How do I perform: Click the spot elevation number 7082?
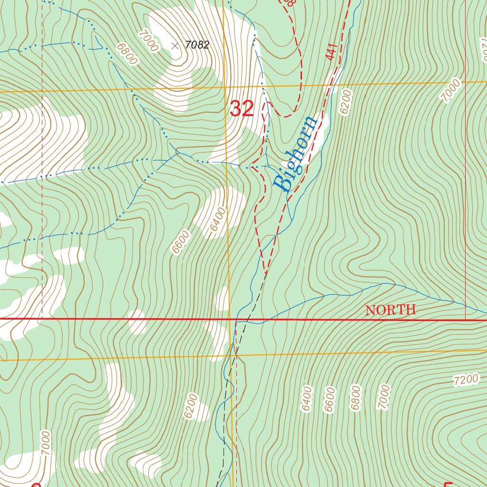(x=197, y=45)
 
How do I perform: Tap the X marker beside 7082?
(x=175, y=46)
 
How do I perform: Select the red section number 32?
(x=242, y=109)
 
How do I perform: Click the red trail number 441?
(x=331, y=52)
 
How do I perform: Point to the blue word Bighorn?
(x=295, y=153)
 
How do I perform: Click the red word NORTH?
(x=390, y=310)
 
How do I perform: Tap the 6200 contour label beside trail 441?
(x=345, y=101)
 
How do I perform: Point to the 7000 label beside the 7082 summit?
(x=147, y=40)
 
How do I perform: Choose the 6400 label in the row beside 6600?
(x=307, y=399)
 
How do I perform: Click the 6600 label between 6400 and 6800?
(x=330, y=399)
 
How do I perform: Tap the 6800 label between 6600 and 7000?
(x=355, y=398)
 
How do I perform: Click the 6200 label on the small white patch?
(x=191, y=406)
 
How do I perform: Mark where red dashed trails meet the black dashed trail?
(x=265, y=273)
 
